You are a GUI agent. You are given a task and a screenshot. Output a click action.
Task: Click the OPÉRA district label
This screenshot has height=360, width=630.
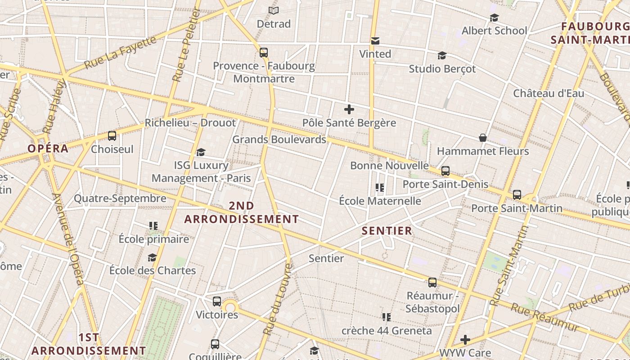(48, 148)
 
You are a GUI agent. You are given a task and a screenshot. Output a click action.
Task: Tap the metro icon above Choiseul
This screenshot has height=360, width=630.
(112, 135)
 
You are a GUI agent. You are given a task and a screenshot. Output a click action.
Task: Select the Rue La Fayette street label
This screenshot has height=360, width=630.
(120, 52)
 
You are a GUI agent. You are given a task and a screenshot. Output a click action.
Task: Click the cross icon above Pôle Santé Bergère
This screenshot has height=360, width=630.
(349, 109)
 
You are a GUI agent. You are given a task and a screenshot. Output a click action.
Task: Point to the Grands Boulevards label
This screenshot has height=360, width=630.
(279, 139)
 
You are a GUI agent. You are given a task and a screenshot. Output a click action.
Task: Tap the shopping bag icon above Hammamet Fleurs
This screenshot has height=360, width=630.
(482, 138)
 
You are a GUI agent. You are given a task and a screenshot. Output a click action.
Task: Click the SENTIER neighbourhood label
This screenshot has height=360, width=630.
(387, 231)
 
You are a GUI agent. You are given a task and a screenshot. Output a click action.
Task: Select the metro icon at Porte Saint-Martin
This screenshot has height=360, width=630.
(517, 195)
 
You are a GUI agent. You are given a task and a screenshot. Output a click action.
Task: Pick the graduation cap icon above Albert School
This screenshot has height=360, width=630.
(494, 18)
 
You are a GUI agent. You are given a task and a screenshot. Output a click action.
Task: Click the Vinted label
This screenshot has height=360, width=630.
(375, 54)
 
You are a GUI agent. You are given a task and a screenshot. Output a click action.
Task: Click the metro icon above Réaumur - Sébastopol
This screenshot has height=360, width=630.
(432, 283)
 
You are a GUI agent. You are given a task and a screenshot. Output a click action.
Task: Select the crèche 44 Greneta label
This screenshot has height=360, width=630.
(387, 331)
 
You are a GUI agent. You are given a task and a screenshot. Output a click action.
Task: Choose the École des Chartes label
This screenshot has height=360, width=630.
(153, 270)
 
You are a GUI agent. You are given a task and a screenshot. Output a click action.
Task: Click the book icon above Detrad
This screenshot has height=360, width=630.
(273, 10)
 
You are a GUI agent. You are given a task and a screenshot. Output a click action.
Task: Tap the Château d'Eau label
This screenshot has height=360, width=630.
(549, 94)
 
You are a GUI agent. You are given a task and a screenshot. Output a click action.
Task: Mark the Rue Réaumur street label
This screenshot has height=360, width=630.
(545, 317)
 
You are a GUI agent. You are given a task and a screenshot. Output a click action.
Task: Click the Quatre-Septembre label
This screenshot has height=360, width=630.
(120, 198)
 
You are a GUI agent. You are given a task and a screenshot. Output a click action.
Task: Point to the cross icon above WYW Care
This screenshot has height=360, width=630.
(465, 339)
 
